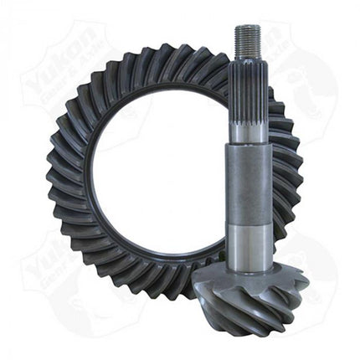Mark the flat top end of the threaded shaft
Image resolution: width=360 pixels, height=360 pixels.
(x=249, y=28)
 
